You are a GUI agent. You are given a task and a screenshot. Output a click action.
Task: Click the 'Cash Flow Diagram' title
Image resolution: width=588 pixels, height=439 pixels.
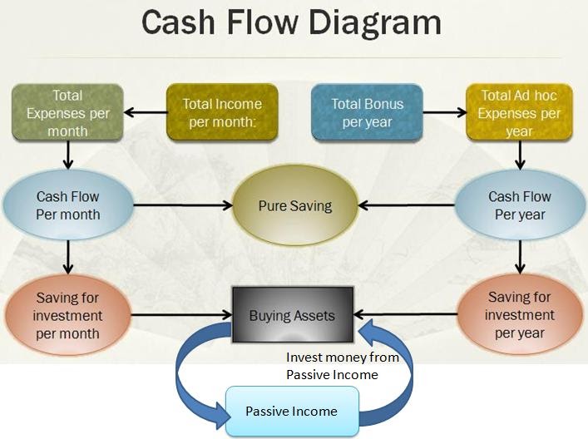point(291,22)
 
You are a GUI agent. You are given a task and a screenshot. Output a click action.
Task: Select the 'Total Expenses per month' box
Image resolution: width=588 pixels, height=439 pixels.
point(67,113)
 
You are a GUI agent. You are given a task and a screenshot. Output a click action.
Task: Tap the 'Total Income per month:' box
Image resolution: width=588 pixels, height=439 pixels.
point(222,112)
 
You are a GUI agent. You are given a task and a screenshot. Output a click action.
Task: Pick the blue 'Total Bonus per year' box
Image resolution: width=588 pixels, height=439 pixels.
point(367,112)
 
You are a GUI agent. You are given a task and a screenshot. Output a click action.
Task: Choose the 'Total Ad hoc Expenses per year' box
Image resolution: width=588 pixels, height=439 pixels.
point(520,113)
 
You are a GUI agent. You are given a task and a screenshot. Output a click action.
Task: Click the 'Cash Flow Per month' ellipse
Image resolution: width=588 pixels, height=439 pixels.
point(67,205)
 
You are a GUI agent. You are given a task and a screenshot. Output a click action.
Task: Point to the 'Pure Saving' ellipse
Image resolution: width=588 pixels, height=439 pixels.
point(294,205)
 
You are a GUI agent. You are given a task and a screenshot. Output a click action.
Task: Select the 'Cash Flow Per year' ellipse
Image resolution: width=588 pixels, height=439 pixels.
point(520,205)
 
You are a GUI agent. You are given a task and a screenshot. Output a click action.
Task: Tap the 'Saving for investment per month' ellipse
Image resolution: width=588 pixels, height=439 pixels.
point(67,315)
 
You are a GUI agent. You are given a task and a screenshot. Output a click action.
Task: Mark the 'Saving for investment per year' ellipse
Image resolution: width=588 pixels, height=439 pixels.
point(520,315)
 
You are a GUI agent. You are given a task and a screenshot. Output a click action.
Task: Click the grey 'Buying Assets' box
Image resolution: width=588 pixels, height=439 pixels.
point(293,315)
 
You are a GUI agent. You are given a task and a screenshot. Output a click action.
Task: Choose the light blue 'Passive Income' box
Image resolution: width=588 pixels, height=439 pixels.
point(291,411)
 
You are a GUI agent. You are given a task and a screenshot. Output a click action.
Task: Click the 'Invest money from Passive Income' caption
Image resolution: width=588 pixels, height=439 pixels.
point(343,366)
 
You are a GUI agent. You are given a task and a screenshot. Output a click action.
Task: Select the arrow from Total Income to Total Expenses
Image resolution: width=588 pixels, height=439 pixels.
point(145,113)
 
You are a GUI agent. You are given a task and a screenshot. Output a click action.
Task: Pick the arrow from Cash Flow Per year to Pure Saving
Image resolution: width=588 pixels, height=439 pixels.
point(408,205)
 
